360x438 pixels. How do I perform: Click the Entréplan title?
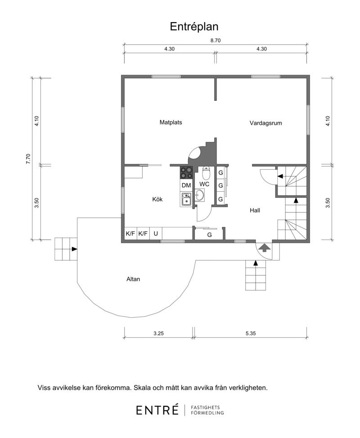pyautogui.click(x=194, y=27)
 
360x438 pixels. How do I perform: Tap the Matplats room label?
pyautogui.click(x=171, y=122)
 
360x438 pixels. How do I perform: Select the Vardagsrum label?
pyautogui.click(x=265, y=123)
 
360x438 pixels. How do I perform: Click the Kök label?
pyautogui.click(x=157, y=199)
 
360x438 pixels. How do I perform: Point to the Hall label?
pyautogui.click(x=255, y=210)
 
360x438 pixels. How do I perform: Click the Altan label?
pyautogui.click(x=133, y=279)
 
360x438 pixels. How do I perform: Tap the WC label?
pyautogui.click(x=204, y=185)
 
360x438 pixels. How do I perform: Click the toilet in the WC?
pyautogui.click(x=206, y=173)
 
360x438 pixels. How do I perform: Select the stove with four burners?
pyautogui.click(x=186, y=172)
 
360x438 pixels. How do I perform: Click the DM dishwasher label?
pyautogui.click(x=186, y=185)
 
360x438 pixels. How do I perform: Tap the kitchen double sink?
pyautogui.click(x=186, y=199)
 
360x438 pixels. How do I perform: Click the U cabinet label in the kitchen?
pyautogui.click(x=156, y=234)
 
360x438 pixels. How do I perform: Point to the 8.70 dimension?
pyautogui.click(x=216, y=41)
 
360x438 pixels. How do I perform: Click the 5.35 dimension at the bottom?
pyautogui.click(x=251, y=333)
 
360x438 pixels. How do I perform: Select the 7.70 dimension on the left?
pyautogui.click(x=28, y=158)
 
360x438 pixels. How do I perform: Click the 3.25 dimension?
pyautogui.click(x=158, y=333)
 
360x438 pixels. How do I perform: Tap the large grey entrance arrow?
pyautogui.click(x=264, y=248)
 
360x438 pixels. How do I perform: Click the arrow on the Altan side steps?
pyautogui.click(x=74, y=249)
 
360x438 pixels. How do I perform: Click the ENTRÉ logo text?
pyautogui.click(x=157, y=410)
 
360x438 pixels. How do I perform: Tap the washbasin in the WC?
pyautogui.click(x=200, y=195)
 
